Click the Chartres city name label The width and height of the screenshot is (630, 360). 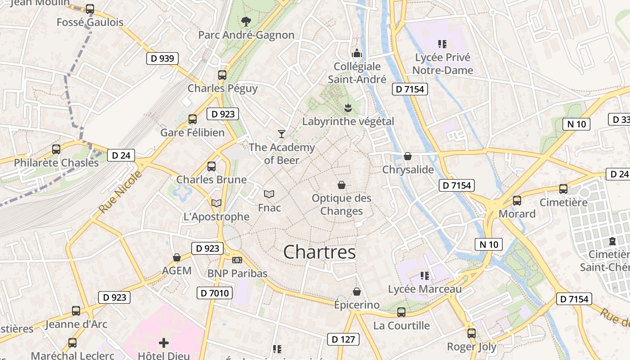point(319,252)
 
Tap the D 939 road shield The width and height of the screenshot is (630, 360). point(162,58)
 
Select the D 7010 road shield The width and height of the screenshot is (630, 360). point(215,293)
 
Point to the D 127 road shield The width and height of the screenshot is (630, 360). point(343,339)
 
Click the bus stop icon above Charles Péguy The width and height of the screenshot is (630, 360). point(222,75)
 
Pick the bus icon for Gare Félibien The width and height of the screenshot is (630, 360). point(193,119)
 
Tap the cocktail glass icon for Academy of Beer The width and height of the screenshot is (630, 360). point(282,134)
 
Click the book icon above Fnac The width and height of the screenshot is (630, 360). point(269,194)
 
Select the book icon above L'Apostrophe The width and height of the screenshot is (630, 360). point(216,203)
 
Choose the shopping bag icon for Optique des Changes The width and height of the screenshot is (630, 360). point(342,185)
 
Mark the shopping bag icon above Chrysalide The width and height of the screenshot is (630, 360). point(408,156)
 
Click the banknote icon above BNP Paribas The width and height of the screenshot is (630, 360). point(237,260)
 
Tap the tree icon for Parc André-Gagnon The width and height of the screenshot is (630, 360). point(246,21)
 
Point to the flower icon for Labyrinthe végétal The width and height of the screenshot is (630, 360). point(348,108)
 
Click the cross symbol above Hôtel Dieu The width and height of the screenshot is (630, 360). point(164,343)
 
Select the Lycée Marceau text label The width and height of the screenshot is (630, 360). point(425,289)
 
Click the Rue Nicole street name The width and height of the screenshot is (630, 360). point(120,192)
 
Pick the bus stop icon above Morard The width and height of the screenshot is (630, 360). point(517,200)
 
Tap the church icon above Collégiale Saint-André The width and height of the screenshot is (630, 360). point(357,53)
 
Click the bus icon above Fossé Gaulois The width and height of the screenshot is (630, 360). point(90,9)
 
